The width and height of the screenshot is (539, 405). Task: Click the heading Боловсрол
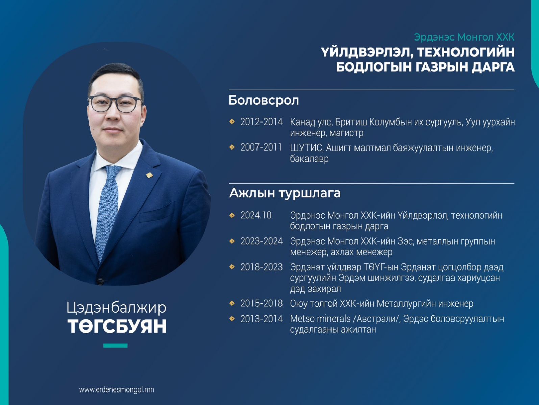[x=264, y=100]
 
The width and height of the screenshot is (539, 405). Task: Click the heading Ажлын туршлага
[x=285, y=193]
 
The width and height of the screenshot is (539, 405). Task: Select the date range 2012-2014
[x=262, y=122]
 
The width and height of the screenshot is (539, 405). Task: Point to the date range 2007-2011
[x=261, y=147]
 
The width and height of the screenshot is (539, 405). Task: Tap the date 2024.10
[x=256, y=215]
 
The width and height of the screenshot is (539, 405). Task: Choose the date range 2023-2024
[x=262, y=241]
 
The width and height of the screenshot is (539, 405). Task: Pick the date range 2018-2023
[x=262, y=267]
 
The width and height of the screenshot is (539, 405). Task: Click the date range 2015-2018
[x=262, y=303]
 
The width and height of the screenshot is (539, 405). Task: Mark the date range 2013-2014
[x=262, y=319]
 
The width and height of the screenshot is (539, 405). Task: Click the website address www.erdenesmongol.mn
[x=117, y=390]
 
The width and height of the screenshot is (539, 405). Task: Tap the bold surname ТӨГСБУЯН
[x=117, y=326]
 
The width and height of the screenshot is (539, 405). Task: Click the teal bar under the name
[x=116, y=345]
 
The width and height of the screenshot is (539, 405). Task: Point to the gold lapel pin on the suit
[x=149, y=175]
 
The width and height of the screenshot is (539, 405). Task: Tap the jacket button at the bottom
[x=100, y=281]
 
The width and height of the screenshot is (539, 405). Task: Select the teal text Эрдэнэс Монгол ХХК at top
[x=464, y=37]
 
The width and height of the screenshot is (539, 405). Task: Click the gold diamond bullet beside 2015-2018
[x=232, y=303]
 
